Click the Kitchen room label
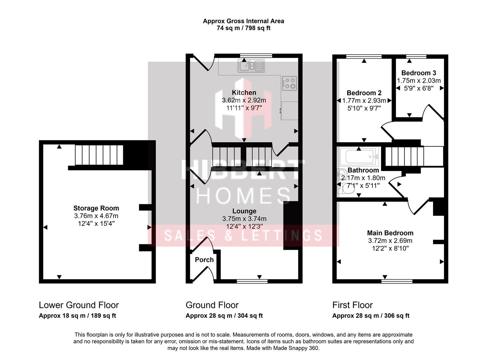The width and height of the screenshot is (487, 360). (x=244, y=93)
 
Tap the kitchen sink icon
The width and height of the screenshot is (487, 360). (x=251, y=66)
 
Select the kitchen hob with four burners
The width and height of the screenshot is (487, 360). (x=289, y=83)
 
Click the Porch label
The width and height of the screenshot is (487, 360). (x=204, y=260)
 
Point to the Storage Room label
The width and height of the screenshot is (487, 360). (x=96, y=208)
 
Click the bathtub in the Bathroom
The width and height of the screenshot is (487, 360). (x=359, y=156)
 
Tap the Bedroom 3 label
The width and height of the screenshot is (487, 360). (x=418, y=73)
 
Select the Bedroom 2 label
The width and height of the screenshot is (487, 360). (x=364, y=93)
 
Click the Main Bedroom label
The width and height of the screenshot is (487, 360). (x=390, y=233)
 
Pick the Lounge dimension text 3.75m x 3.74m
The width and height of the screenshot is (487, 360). (x=244, y=219)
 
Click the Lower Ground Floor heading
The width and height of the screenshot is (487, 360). (x=79, y=305)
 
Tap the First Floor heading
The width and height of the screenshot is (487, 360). (x=352, y=305)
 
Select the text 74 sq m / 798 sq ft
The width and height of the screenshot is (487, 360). (x=243, y=28)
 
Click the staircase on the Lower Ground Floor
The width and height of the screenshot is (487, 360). (x=99, y=155)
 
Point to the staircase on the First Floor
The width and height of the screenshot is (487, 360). (x=405, y=156)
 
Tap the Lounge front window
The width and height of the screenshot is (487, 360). (x=252, y=281)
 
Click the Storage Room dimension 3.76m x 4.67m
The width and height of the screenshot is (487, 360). (x=96, y=216)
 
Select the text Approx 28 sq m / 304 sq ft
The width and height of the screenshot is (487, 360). (x=224, y=316)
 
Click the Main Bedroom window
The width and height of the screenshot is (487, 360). (x=397, y=281)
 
